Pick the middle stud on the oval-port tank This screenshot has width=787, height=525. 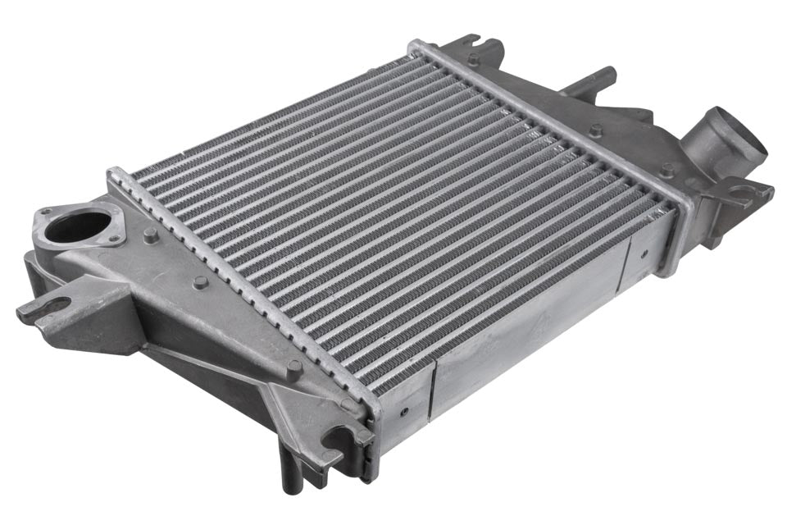click(x=200, y=282)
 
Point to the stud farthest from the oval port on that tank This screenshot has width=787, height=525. click(x=293, y=367)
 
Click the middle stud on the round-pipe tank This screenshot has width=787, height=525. click(x=596, y=130)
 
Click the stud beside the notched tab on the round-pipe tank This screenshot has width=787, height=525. click(x=474, y=59)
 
